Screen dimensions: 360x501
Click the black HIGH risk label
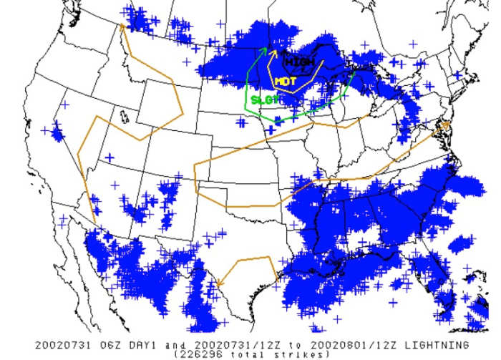304,63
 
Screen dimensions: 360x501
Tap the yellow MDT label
285,82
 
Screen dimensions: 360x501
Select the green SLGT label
265,99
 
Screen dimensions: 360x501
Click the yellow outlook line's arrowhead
273,51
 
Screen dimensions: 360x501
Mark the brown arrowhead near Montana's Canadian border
122,26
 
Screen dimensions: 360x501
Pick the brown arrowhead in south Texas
220,283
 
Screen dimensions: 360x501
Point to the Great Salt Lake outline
125,115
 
